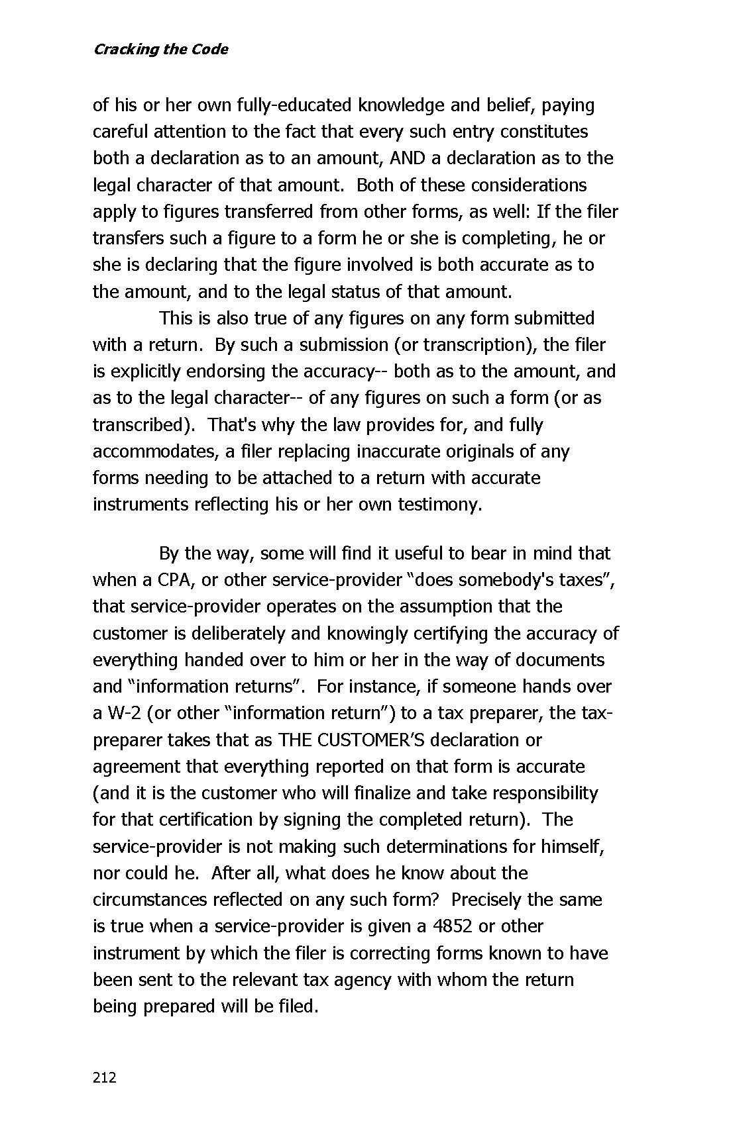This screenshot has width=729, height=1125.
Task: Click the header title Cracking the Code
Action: coord(160,50)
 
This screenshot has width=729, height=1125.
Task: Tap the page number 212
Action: coord(105,1077)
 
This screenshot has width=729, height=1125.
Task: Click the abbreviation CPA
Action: coord(174,580)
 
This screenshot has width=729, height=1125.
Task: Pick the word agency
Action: coord(361,979)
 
